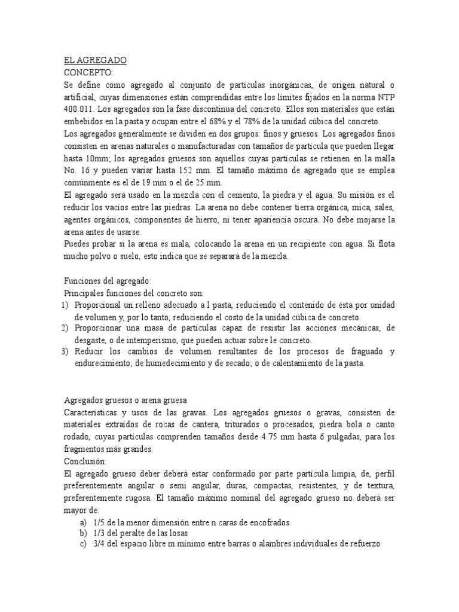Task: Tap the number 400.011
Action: pos(77,110)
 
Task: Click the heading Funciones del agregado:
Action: pos(108,280)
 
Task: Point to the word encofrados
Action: pos(265,522)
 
